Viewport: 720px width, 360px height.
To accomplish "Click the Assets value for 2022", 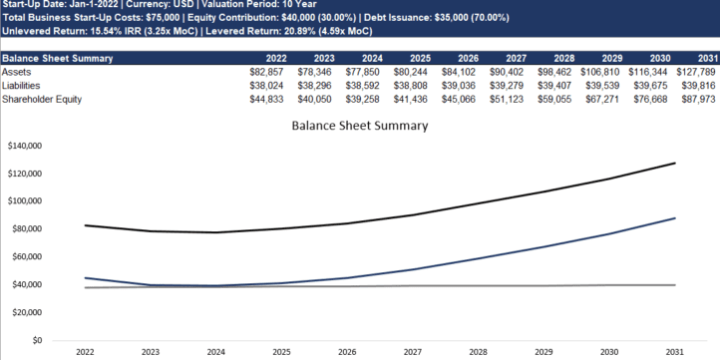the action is click(267, 72).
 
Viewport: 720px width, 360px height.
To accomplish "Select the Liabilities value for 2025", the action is click(411, 86).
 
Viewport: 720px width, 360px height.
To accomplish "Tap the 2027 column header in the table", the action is click(517, 58).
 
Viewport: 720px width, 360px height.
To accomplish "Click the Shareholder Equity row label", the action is click(42, 99).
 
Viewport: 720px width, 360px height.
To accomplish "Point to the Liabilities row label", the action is click(21, 86).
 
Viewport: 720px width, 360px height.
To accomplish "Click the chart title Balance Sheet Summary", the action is click(360, 126).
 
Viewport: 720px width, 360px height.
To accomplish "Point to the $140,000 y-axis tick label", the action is click(25, 146).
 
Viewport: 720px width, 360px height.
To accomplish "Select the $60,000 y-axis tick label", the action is click(27, 256).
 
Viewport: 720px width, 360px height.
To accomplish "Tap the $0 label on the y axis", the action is click(38, 340).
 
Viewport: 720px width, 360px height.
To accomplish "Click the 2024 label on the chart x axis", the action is click(215, 352).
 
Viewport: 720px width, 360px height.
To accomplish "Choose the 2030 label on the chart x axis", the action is click(609, 352).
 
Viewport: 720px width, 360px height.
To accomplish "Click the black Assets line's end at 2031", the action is click(675, 163).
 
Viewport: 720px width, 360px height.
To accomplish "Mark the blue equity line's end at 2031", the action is click(675, 218).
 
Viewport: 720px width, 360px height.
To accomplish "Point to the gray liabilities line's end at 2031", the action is click(675, 285).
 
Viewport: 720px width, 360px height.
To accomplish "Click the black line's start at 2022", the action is click(86, 225).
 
